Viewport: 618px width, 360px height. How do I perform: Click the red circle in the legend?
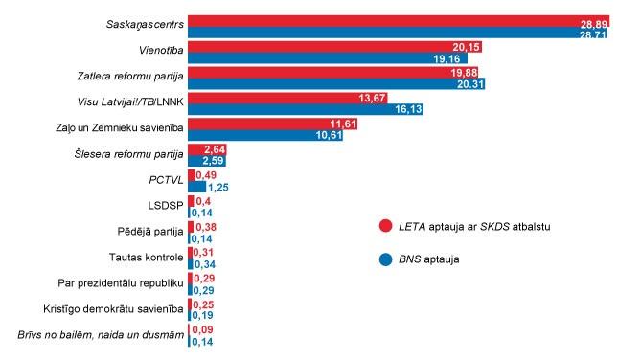click(x=385, y=226)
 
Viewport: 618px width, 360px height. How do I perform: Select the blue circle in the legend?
click(x=385, y=259)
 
